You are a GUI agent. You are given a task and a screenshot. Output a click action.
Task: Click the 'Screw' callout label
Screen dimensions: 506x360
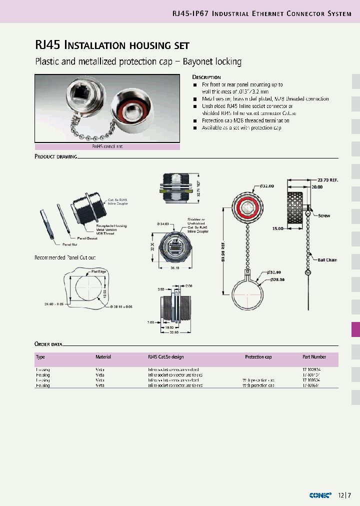(x=324, y=215)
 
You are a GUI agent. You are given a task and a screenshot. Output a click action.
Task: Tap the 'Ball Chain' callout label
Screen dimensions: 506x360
(x=327, y=260)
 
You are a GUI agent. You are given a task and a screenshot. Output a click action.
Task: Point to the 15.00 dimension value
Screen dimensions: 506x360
(x=278, y=228)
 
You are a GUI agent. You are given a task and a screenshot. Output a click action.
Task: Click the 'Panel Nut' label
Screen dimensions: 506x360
(x=70, y=244)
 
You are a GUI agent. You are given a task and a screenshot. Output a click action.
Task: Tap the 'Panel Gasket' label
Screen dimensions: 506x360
(x=86, y=238)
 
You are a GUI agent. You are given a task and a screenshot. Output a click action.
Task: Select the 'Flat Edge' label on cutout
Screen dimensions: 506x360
(x=98, y=271)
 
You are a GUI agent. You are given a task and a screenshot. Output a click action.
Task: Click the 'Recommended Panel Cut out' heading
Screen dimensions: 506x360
(x=64, y=257)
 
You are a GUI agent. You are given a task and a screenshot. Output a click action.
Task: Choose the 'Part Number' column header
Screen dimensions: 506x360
(x=314, y=357)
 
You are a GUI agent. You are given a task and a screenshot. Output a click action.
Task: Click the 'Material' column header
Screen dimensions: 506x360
(x=103, y=357)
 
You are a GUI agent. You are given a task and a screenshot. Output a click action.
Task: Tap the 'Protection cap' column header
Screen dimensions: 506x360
(x=258, y=357)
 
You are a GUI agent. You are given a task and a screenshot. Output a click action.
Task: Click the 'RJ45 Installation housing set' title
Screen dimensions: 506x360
(x=112, y=45)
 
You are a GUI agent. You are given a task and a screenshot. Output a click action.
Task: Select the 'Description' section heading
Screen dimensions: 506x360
(x=206, y=77)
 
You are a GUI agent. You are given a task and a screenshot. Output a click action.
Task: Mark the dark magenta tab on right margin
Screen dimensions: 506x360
(x=355, y=329)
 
